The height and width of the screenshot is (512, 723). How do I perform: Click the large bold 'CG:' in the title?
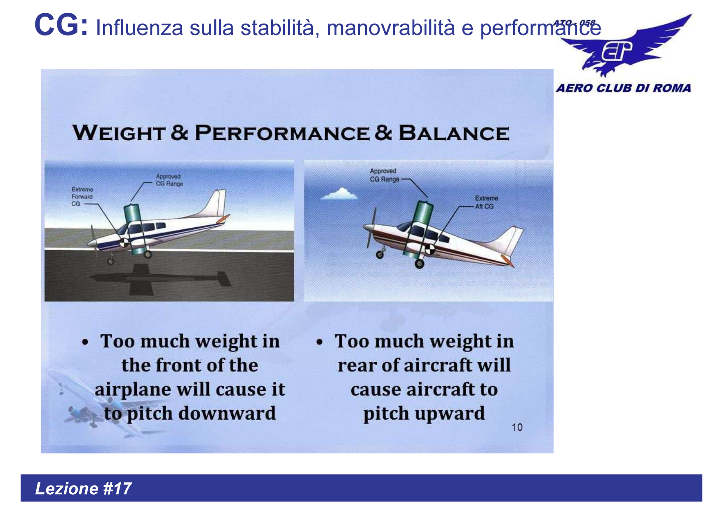pos(61,26)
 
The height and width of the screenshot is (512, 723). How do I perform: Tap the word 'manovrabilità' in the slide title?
pos(391,28)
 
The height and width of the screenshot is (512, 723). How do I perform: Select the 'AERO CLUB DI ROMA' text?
pos(623,88)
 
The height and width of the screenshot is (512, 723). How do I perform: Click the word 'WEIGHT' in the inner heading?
pos(119,133)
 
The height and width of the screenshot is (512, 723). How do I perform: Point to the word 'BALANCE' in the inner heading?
pos(453,133)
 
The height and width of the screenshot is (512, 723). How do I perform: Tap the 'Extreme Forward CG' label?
pos(82,196)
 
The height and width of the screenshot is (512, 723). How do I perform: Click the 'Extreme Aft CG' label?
pos(486,202)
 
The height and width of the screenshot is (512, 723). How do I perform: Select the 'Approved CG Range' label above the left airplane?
pos(169,180)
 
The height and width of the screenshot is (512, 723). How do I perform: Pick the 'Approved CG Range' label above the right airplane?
pos(384,175)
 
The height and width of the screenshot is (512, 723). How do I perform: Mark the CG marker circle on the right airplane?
pos(430,249)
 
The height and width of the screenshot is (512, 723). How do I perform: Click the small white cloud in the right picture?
pos(340,194)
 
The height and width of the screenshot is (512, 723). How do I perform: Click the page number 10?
pos(517,427)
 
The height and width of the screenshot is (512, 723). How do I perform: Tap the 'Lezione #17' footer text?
pos(83,488)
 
